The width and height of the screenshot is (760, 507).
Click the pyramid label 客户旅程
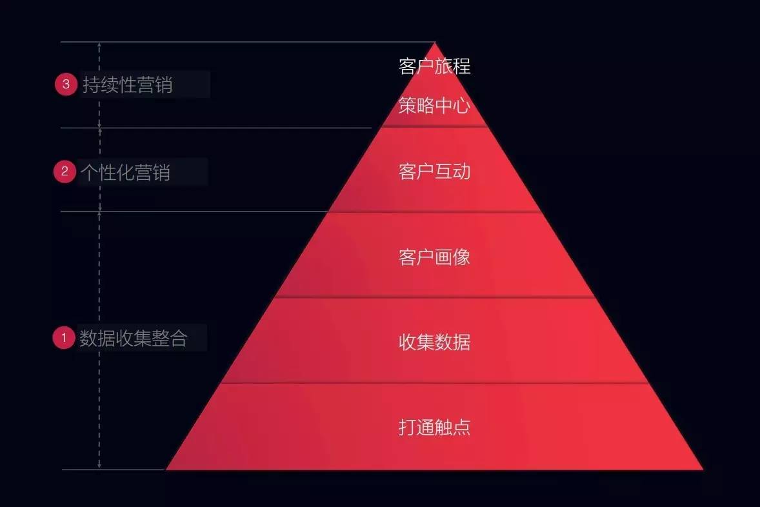click(434, 66)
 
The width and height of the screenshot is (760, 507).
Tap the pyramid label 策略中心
click(434, 106)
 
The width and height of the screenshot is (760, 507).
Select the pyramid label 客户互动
click(434, 172)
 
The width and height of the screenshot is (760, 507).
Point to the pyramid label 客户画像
click(434, 257)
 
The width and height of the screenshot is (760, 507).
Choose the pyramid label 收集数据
click(434, 342)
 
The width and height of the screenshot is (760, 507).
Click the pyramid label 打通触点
click(434, 427)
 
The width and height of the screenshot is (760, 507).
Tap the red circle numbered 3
click(66, 84)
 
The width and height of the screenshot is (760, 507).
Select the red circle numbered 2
click(65, 172)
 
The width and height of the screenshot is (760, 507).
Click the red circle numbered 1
click(64, 337)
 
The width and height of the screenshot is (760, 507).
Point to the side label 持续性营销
click(128, 84)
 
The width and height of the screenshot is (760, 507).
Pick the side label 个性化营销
click(126, 172)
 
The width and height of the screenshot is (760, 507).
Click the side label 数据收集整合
click(134, 338)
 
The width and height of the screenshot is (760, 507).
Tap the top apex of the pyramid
click(435, 43)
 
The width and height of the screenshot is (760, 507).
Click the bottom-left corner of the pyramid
click(167, 469)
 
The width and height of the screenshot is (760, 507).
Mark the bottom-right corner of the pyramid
click(702, 469)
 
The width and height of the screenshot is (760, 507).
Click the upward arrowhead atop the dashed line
click(99, 45)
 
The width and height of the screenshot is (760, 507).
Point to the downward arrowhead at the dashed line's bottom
click(99, 466)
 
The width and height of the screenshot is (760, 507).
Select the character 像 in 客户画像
click(461, 257)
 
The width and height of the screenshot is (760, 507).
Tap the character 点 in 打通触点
click(461, 427)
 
